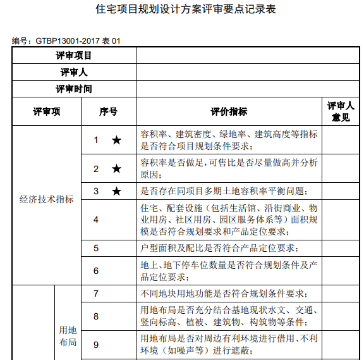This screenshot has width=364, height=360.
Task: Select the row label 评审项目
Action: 74,56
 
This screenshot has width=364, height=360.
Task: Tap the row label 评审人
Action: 74,73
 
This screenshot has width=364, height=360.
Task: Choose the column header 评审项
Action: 47,112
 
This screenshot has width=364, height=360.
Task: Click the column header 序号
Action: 108,112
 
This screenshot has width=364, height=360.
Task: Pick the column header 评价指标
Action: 229,112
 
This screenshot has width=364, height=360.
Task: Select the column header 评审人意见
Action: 341,111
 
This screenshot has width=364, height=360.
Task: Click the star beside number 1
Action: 116,140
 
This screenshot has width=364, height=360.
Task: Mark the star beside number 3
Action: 116,190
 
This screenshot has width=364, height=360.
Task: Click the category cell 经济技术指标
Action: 47,199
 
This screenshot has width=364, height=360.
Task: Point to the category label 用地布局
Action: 68,337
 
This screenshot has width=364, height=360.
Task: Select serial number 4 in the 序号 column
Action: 96,220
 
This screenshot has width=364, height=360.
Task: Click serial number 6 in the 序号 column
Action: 96,271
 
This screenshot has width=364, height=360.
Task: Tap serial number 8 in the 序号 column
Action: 96,316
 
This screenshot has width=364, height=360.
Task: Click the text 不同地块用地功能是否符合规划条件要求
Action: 224,294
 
